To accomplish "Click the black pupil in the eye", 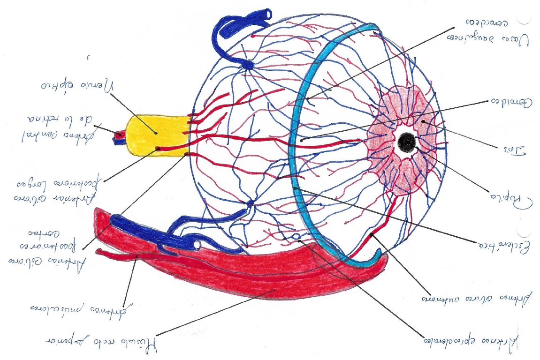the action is point(406,142).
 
